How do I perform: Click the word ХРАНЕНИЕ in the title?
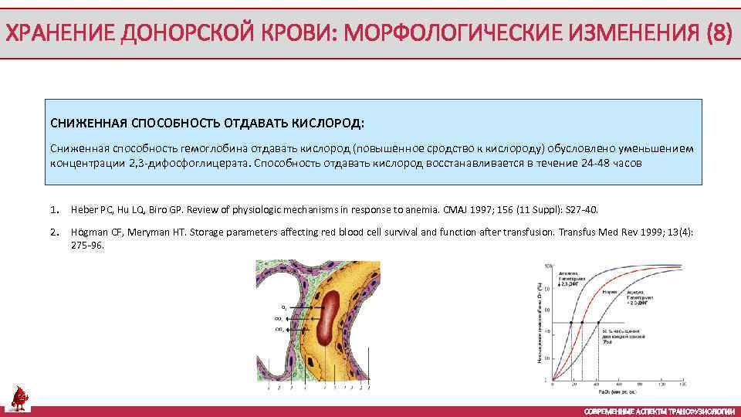point(52,34)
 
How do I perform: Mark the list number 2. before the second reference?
point(54,232)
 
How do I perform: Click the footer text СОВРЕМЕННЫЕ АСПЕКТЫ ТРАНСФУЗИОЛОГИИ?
point(659,411)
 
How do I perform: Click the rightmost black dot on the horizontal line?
point(598,323)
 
